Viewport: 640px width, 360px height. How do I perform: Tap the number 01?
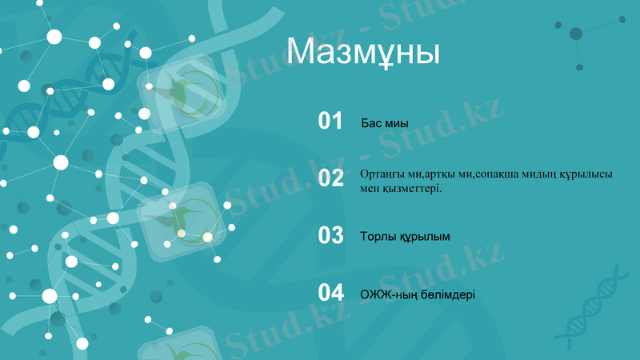point(330,122)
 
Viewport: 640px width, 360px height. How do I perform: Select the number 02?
point(330,178)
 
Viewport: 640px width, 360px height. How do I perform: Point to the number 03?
point(330,236)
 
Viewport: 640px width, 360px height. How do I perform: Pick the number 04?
point(330,294)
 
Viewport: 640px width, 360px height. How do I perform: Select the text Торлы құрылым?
point(405,237)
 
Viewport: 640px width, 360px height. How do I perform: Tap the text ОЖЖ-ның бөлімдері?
point(418,294)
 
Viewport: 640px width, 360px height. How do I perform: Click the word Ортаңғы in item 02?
point(382,174)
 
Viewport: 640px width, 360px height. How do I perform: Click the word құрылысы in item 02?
point(590,174)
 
